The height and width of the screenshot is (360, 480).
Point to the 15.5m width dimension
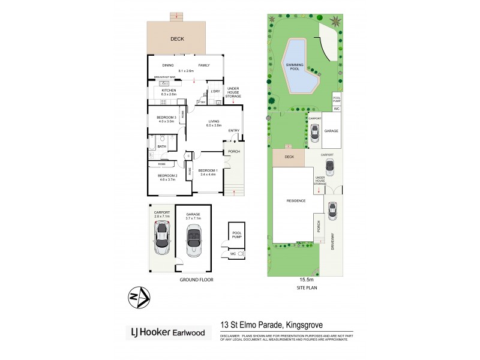tap(298, 279)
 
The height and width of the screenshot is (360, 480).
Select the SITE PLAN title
tap(298, 287)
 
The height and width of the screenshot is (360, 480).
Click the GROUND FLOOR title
tap(196, 280)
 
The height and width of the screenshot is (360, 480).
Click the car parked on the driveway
tap(331, 211)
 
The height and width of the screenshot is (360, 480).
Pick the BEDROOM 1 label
tap(211, 170)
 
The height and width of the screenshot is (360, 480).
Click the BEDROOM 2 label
tap(160, 175)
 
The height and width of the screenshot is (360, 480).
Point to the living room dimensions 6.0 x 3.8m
tap(214, 125)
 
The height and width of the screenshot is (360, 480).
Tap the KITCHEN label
tap(169, 89)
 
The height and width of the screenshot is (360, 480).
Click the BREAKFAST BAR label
tap(164, 77)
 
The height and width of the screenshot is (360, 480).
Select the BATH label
tap(162, 146)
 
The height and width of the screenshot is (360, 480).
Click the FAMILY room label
tap(204, 65)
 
